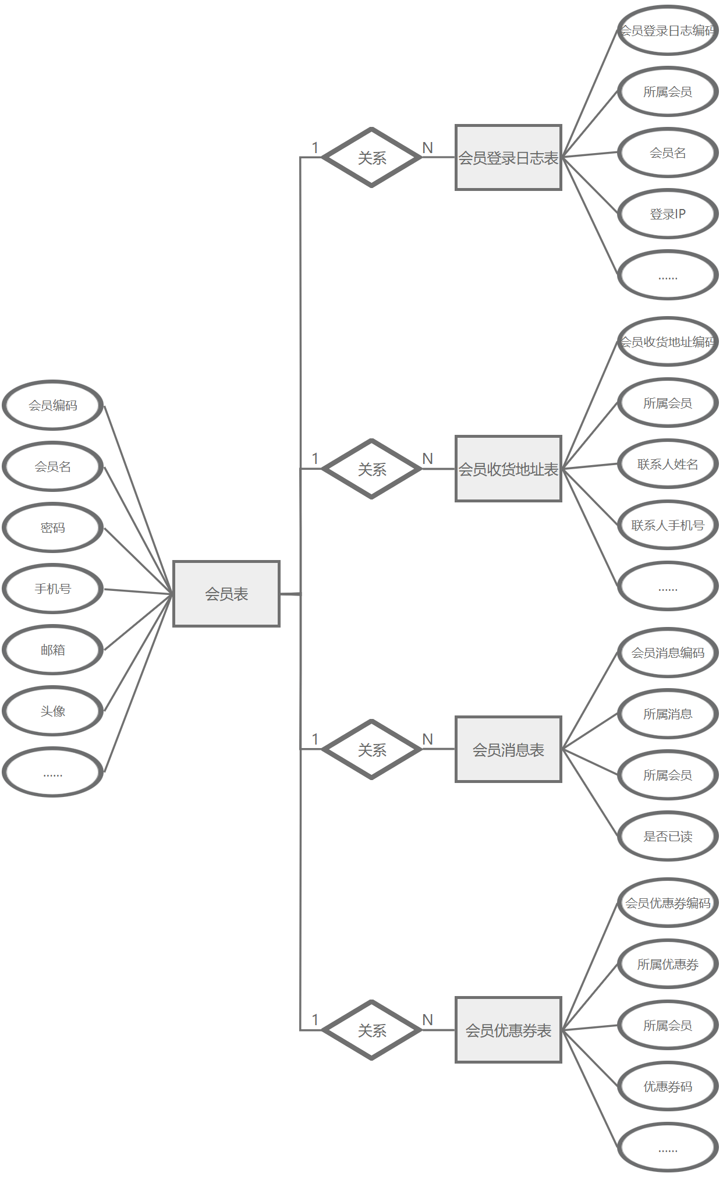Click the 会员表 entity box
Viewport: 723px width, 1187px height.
pyautogui.click(x=226, y=594)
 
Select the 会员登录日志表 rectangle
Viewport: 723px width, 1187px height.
pyautogui.click(x=508, y=158)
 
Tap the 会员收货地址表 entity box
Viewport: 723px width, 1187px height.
pyautogui.click(x=508, y=469)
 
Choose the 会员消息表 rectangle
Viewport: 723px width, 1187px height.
pyautogui.click(x=508, y=750)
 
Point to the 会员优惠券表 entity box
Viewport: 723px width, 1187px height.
pyautogui.click(x=508, y=1030)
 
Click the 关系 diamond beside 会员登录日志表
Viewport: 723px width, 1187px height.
pyautogui.click(x=372, y=158)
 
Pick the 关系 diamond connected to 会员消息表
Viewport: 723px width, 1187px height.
pyautogui.click(x=372, y=750)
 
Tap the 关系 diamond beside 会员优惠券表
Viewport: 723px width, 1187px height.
pyautogui.click(x=372, y=1030)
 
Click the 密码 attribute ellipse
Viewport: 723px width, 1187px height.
pyautogui.click(x=53, y=527)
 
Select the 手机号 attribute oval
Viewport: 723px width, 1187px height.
pyautogui.click(x=53, y=589)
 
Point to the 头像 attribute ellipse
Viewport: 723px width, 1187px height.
pyautogui.click(x=53, y=711)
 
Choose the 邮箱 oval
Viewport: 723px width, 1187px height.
pyautogui.click(x=53, y=650)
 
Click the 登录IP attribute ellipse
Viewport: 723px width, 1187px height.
pyautogui.click(x=668, y=214)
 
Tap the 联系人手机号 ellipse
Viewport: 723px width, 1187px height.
pyautogui.click(x=668, y=525)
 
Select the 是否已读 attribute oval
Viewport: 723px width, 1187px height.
pyautogui.click(x=668, y=837)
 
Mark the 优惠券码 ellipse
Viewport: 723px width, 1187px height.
pyautogui.click(x=668, y=1086)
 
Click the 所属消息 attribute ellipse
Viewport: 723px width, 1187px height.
pyautogui.click(x=668, y=714)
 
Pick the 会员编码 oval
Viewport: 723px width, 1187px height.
pyautogui.click(x=53, y=405)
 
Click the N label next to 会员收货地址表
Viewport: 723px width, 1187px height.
pyautogui.click(x=428, y=459)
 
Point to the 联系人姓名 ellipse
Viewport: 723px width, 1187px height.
pyautogui.click(x=668, y=464)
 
